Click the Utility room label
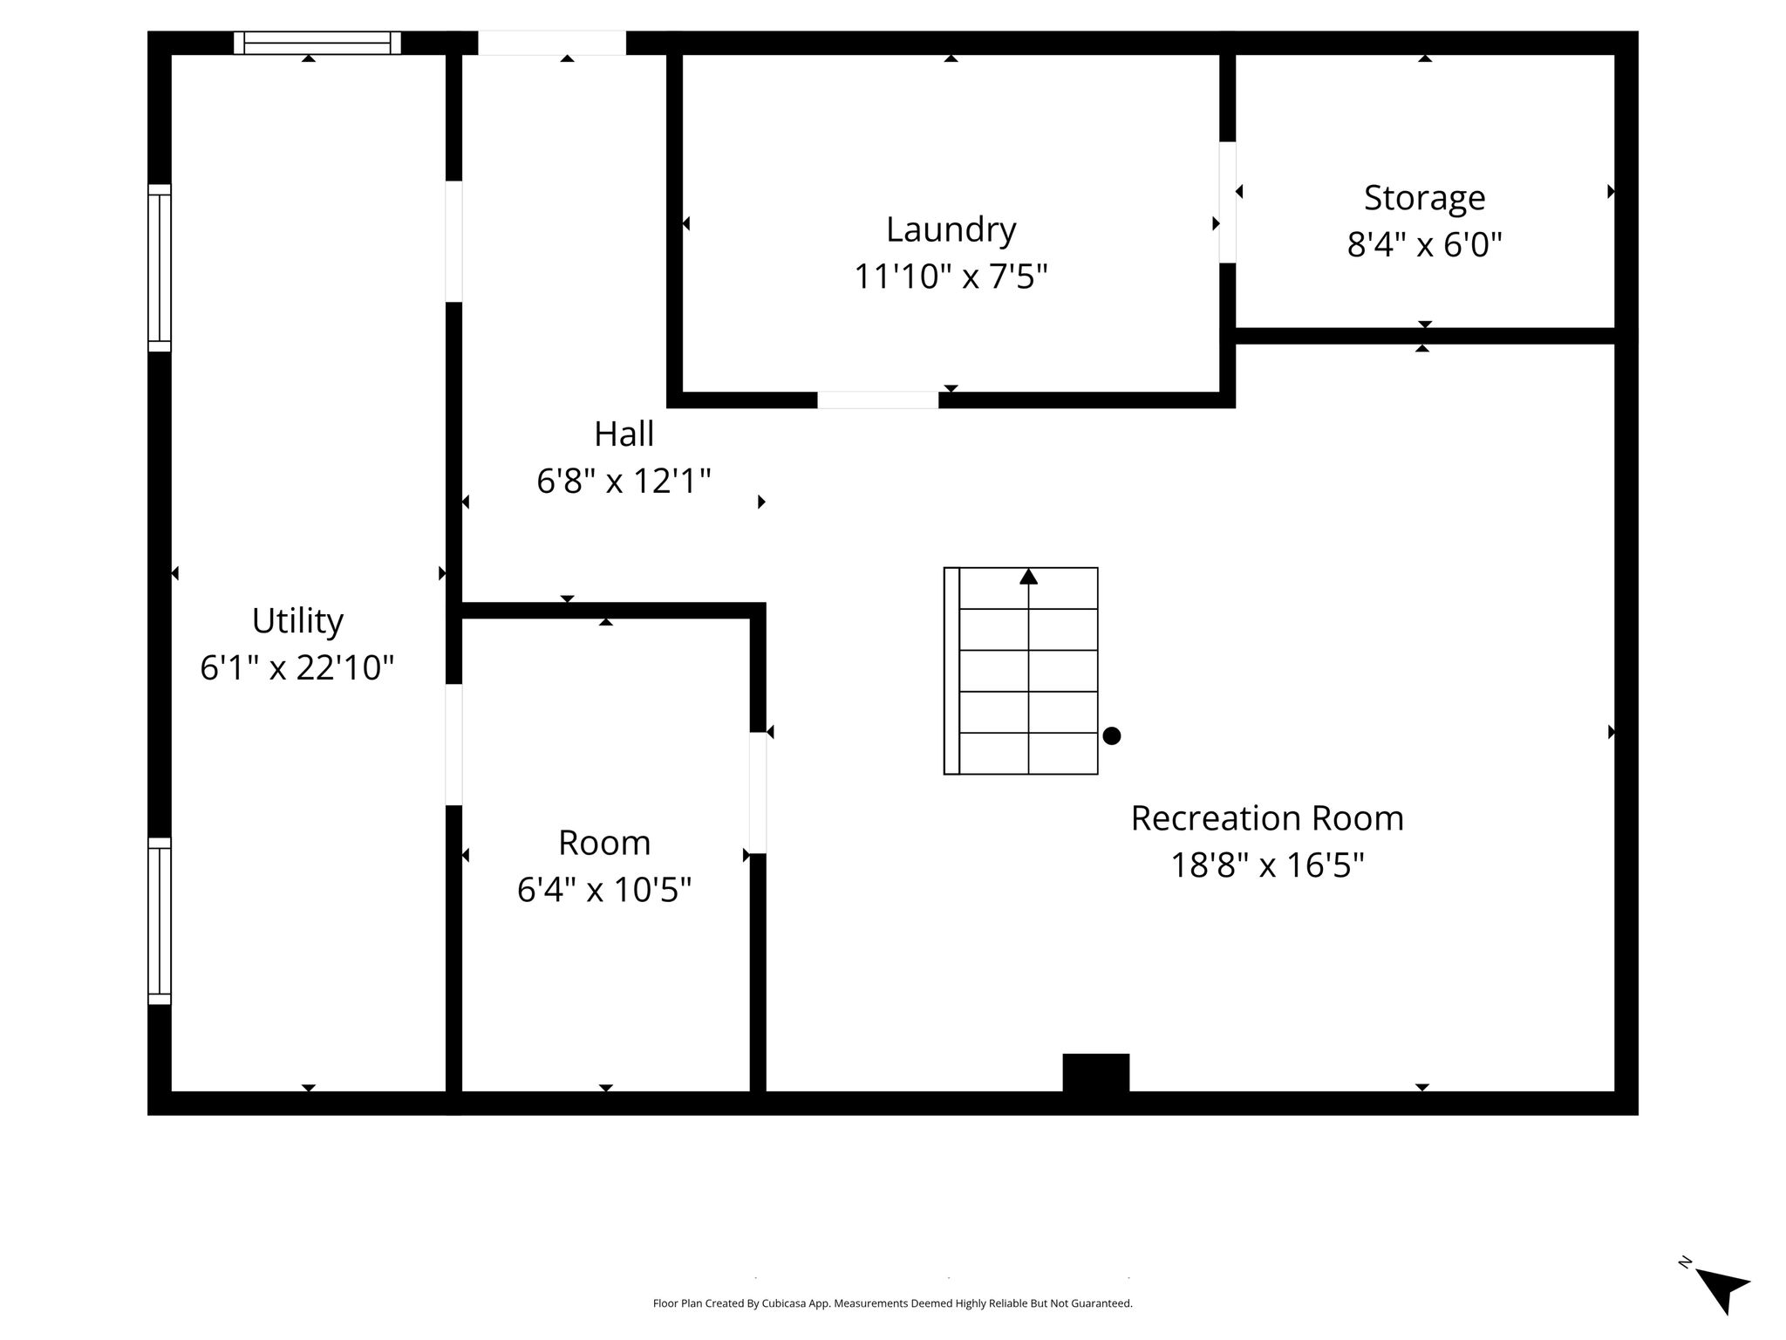[297, 622]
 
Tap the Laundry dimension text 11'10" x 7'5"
[951, 277]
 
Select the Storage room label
[1424, 199]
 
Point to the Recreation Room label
[1267, 818]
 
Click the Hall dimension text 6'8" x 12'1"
[624, 481]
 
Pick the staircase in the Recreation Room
[1020, 671]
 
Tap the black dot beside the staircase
[1112, 735]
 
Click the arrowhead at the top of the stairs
[1029, 576]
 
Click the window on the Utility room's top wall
[317, 43]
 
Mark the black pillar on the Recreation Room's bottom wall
[1096, 1072]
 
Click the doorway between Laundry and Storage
[1227, 202]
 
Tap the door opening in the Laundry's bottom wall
[878, 400]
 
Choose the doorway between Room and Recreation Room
[758, 792]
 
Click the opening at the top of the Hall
[552, 43]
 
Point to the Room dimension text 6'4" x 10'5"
[604, 890]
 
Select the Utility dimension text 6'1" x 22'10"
[297, 668]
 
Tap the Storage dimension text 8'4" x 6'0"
[1425, 245]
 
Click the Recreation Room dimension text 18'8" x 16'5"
[1267, 865]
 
